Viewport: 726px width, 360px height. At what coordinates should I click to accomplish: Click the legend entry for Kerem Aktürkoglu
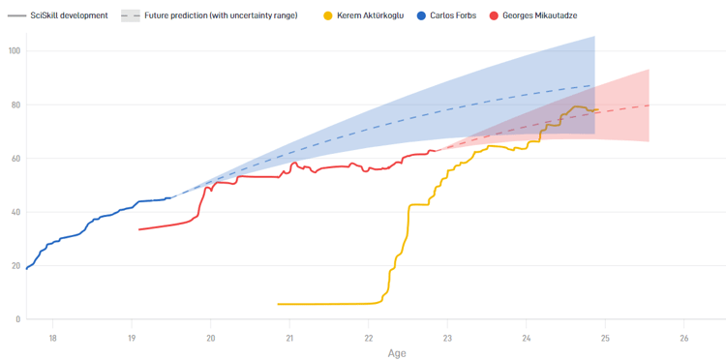(370, 15)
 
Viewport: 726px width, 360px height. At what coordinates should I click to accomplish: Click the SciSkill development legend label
(62, 15)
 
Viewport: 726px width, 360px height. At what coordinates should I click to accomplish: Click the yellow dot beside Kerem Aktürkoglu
(328, 15)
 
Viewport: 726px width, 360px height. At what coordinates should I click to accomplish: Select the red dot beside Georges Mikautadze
(494, 15)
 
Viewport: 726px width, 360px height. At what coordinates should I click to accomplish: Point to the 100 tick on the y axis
(15, 51)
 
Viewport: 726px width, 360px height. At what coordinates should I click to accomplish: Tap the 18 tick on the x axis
(52, 338)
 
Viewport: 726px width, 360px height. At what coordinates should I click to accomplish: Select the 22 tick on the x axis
(368, 338)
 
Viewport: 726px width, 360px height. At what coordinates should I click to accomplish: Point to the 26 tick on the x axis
(683, 338)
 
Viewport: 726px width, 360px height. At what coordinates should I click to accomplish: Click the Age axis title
(397, 353)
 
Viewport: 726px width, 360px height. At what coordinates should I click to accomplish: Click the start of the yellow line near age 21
(279, 304)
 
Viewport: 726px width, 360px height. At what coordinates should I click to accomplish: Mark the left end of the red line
(139, 229)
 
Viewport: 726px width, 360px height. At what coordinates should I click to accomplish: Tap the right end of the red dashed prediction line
(649, 105)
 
